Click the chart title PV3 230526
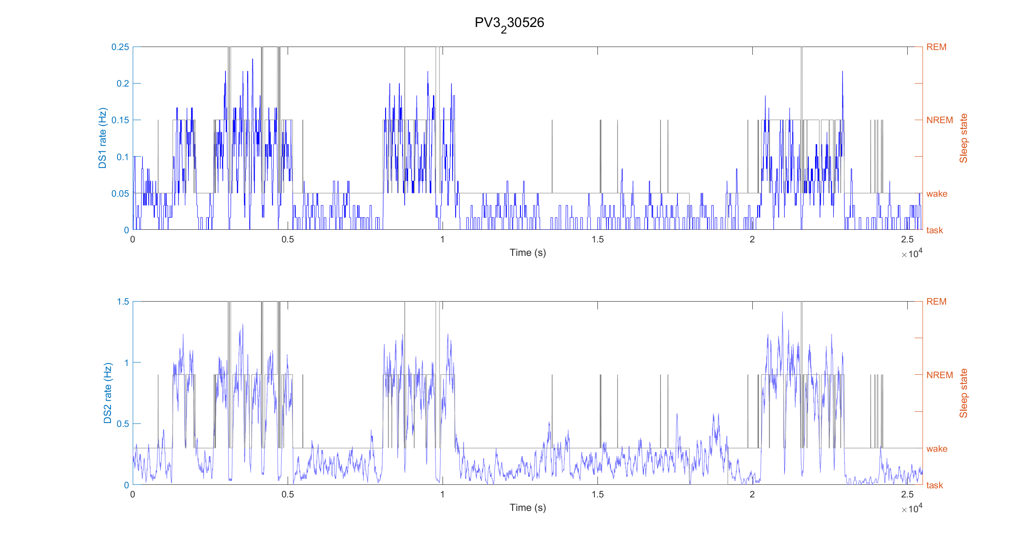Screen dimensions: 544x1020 click(x=509, y=23)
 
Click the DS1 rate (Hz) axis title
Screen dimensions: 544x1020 click(x=102, y=138)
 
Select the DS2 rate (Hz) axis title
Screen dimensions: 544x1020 click(x=107, y=393)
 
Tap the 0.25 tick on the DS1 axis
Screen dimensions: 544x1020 click(x=120, y=47)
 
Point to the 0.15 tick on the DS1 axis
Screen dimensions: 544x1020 click(x=120, y=120)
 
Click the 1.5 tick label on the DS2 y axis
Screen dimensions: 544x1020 click(x=123, y=302)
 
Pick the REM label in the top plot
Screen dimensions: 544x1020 click(x=936, y=47)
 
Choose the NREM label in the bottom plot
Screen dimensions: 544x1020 click(x=939, y=375)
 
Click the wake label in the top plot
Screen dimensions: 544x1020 click(x=936, y=194)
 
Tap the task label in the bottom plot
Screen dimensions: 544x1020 click(x=934, y=485)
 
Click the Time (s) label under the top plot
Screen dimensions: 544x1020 click(x=527, y=253)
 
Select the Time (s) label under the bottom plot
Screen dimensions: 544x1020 click(x=527, y=507)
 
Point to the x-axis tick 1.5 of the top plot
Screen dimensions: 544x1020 click(x=597, y=239)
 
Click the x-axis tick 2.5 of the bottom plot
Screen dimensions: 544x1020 click(x=907, y=494)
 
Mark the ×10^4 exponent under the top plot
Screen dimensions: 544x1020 click(x=912, y=254)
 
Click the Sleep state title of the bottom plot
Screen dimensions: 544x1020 click(x=963, y=393)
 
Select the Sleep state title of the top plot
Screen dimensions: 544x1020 click(x=963, y=138)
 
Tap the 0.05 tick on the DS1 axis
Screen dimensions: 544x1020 click(x=120, y=194)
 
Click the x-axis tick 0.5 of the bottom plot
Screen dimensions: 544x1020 click(x=288, y=494)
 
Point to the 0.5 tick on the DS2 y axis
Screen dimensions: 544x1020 click(x=123, y=424)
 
